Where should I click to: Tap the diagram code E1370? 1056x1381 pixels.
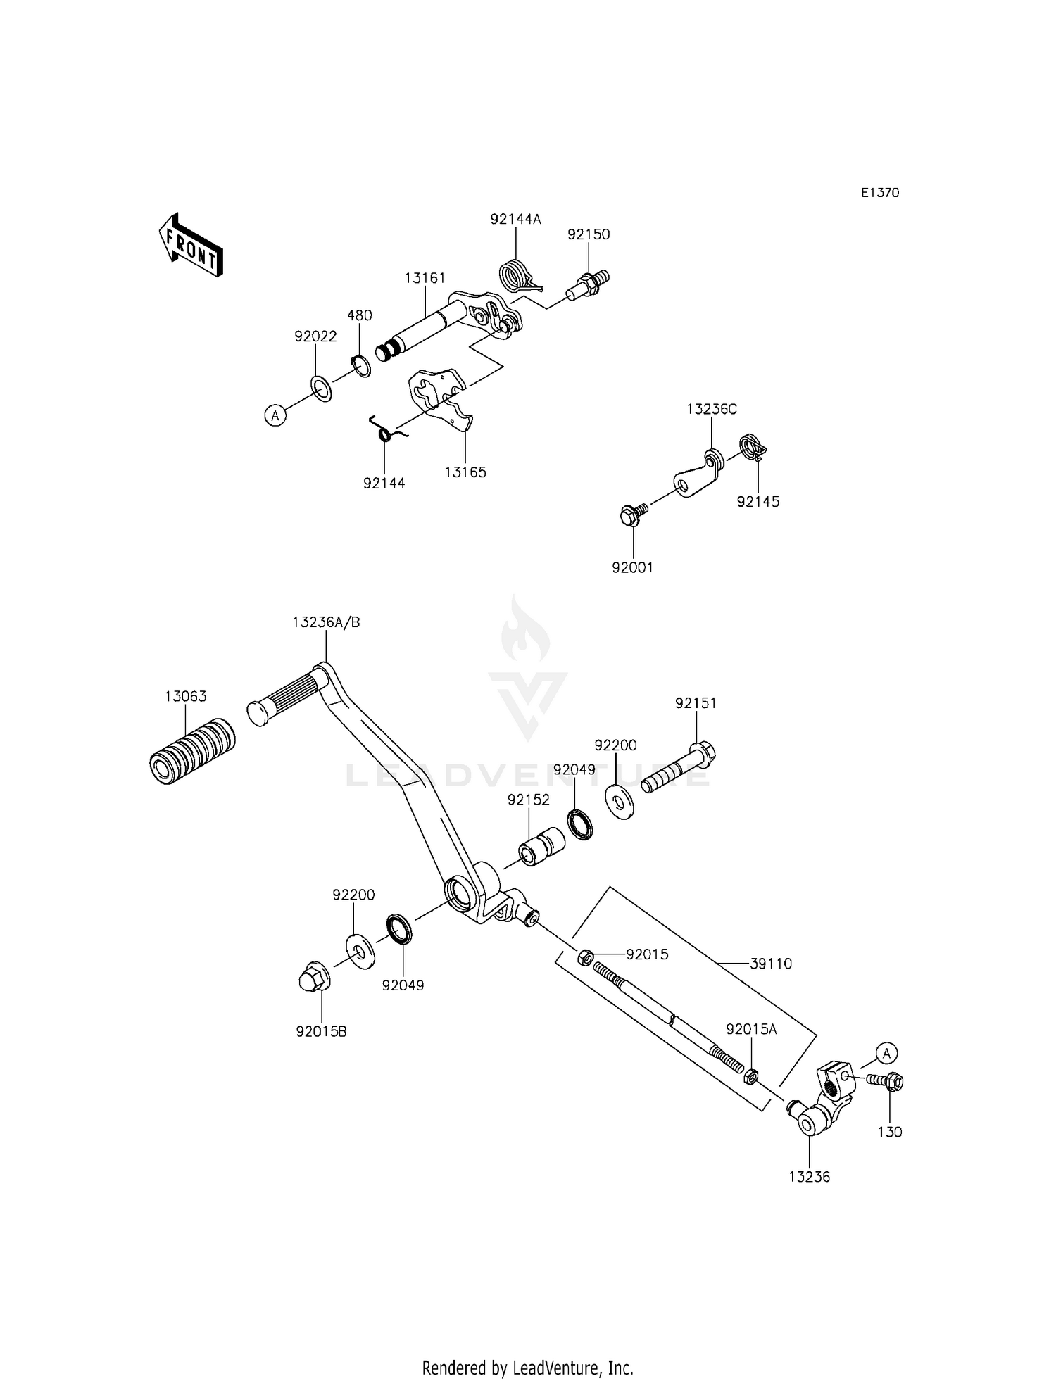[880, 193]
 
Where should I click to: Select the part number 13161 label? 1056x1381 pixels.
[425, 278]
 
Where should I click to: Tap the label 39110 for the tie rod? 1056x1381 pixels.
[771, 964]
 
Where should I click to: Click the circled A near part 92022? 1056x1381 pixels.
[275, 416]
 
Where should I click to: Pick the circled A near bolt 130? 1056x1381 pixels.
[886, 1054]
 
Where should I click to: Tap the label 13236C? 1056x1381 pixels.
[712, 410]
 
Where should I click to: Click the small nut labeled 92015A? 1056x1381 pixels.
[751, 1076]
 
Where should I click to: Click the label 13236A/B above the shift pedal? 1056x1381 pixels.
[326, 622]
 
